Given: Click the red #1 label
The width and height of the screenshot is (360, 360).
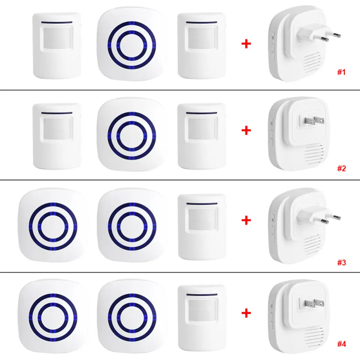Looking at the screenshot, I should point(340,72).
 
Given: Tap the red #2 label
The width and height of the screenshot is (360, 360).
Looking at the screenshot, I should point(340,168).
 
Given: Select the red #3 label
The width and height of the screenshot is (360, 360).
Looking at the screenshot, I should point(340,263).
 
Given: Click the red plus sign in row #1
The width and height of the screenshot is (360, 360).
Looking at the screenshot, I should point(246,44).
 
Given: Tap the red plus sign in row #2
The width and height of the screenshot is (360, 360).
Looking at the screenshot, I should point(246,130).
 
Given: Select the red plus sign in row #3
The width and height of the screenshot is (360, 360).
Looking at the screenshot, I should point(246,220).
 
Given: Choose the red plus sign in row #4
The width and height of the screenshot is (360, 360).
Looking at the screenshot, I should point(246,312).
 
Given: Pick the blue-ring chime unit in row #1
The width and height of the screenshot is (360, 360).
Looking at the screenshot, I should point(131,43).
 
